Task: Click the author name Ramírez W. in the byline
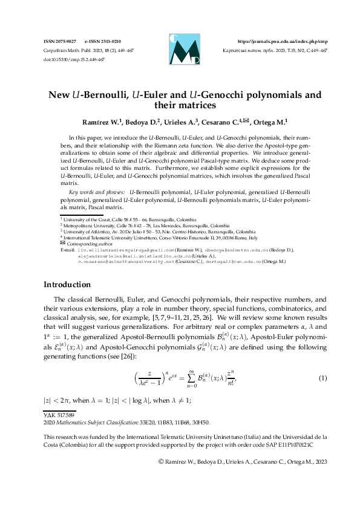98,121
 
